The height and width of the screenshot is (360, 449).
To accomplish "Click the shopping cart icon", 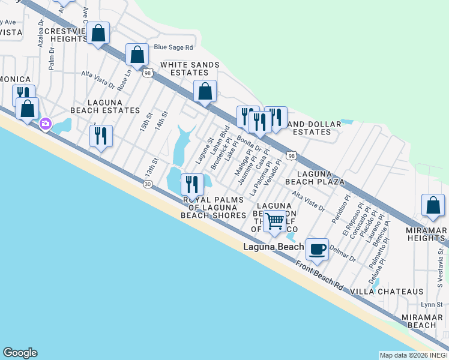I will (x=275, y=221).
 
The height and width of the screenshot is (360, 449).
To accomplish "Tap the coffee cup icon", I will (x=317, y=248).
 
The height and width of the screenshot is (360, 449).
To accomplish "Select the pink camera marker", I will (x=45, y=124).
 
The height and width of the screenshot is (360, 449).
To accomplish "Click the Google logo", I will (x=20, y=353).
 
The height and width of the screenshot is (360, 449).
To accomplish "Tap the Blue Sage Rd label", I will (x=173, y=47).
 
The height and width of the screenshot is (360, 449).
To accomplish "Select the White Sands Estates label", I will (x=190, y=69).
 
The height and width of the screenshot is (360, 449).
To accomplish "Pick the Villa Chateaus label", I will (x=387, y=292).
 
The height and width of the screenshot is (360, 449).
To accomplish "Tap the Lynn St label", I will (x=431, y=305).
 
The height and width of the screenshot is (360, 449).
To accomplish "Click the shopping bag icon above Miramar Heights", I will (x=433, y=205).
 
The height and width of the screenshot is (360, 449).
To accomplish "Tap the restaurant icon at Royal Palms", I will (x=192, y=184).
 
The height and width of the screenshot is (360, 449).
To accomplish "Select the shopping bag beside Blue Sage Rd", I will (x=137, y=55).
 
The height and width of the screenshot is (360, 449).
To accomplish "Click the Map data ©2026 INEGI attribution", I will (x=413, y=355).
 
